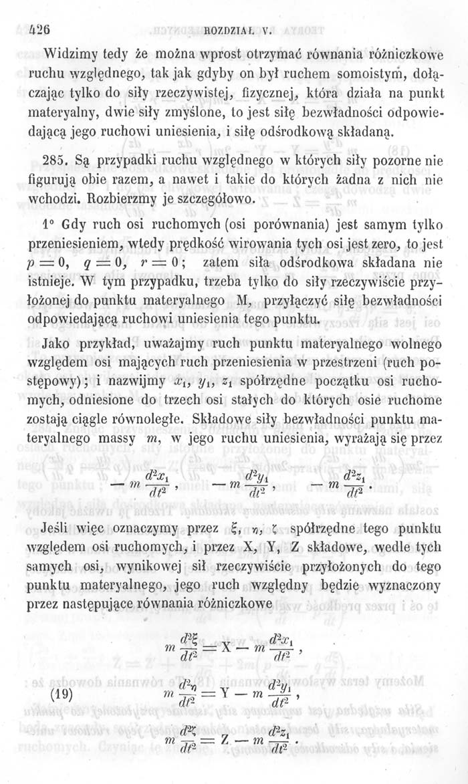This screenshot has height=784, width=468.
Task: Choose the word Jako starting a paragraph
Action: click(55, 347)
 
